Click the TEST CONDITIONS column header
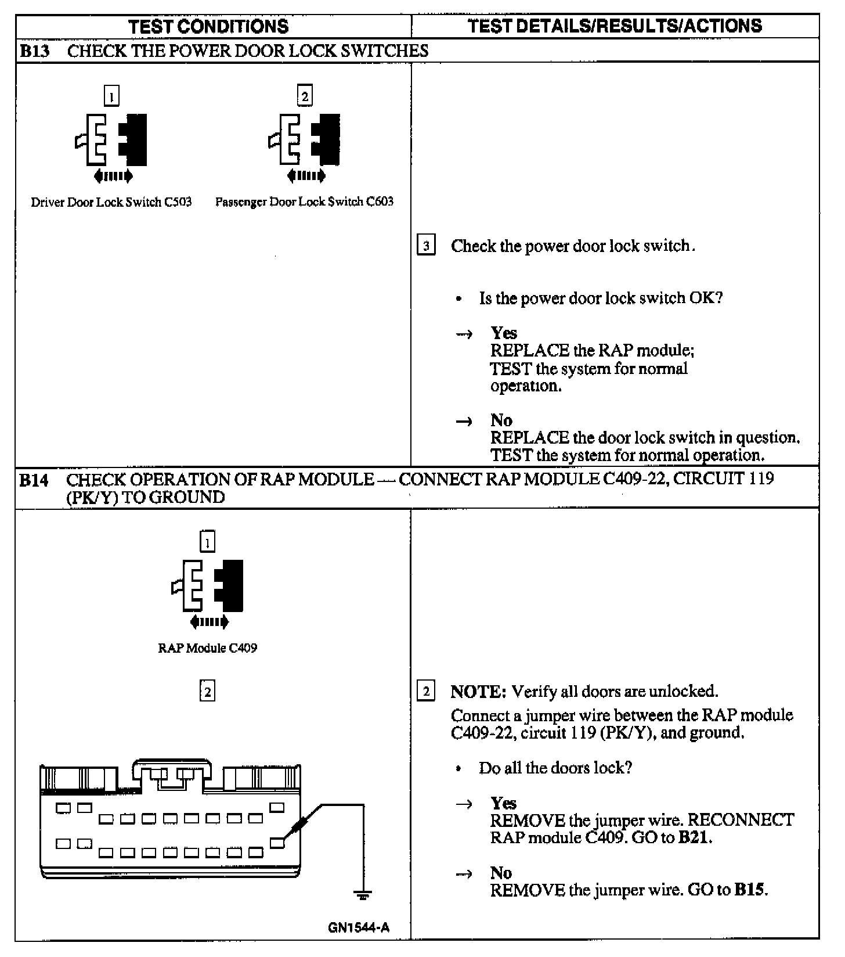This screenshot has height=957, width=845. coord(208,26)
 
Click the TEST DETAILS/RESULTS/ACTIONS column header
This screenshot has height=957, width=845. coord(615,26)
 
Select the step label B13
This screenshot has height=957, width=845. coord(34,51)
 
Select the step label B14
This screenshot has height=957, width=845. coord(34,480)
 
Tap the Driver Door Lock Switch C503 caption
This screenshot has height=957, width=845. coord(111,202)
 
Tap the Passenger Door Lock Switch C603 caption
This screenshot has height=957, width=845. coord(304,202)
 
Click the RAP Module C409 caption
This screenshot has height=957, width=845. coord(207,648)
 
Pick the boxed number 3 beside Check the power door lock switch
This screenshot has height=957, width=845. coord(426,246)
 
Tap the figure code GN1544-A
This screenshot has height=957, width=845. coord(358,928)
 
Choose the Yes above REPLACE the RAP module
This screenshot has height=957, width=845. coord(503,333)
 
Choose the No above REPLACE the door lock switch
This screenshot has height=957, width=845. coord(501,420)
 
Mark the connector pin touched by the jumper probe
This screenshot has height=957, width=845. coord(277,843)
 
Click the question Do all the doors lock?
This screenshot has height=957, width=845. coord(555,768)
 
